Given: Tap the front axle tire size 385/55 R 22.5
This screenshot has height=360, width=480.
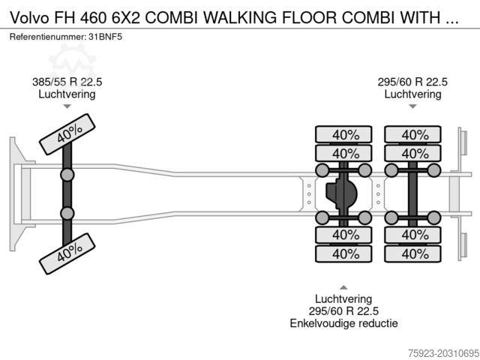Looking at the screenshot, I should click(67, 82).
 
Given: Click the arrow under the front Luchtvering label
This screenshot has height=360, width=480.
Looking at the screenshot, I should click(67, 106).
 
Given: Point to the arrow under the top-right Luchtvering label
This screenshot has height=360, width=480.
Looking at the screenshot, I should click(412, 106).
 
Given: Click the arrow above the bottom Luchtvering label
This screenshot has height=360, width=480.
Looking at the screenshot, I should click(343, 287).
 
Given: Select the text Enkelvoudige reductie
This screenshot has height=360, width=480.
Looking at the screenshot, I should click(344, 323).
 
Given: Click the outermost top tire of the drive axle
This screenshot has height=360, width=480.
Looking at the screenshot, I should click(344, 135).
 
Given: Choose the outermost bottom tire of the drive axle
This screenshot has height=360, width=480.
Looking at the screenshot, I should click(344, 253).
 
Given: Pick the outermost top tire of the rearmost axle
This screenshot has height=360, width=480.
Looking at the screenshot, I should click(414, 135).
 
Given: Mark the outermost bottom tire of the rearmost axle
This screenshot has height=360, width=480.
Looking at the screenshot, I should click(414, 253).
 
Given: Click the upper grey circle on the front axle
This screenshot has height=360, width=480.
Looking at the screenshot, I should click(67, 175).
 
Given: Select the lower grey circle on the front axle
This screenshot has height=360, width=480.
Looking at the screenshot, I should click(67, 212).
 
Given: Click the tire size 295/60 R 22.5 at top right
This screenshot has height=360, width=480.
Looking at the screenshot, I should click(412, 82).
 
